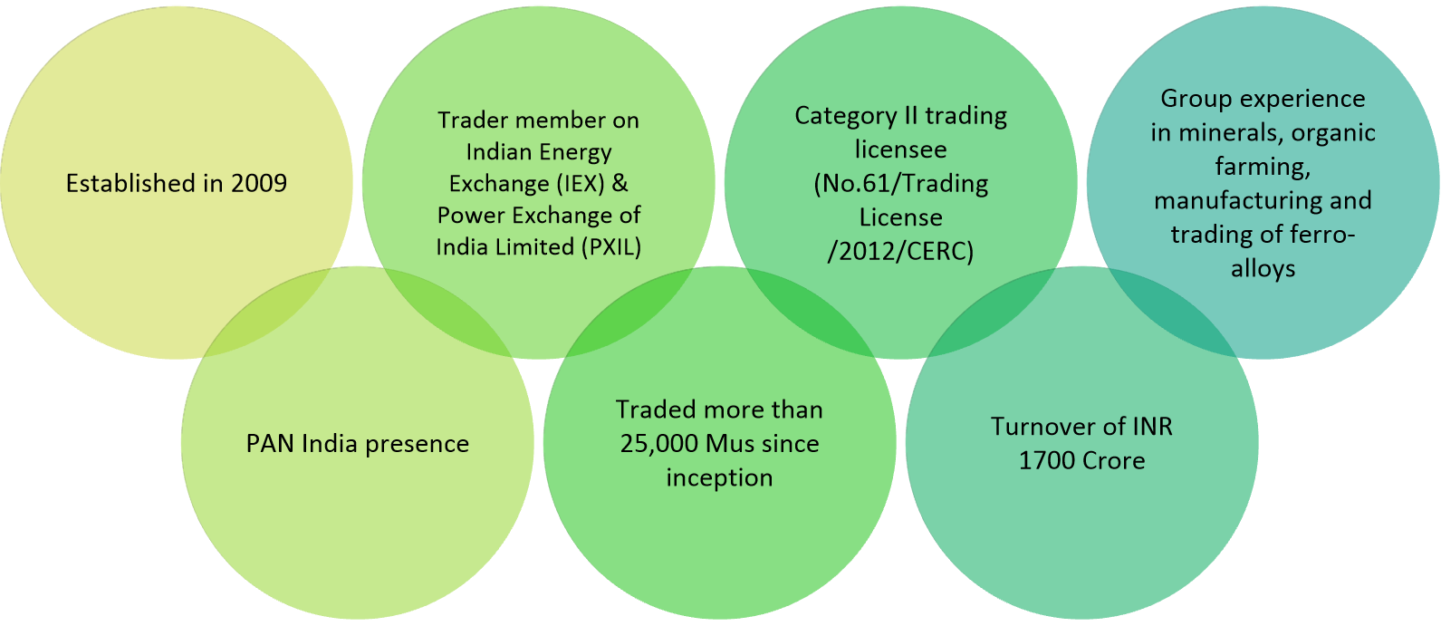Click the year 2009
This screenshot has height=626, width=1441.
(259, 183)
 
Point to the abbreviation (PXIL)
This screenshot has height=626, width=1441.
(610, 246)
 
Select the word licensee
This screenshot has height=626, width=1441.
(900, 149)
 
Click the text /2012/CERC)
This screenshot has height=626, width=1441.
(900, 251)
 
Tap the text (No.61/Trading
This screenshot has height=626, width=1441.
(900, 184)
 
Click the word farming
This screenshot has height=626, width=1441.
(1263, 167)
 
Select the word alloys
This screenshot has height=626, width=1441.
(1263, 269)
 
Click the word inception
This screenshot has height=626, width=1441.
(719, 477)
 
